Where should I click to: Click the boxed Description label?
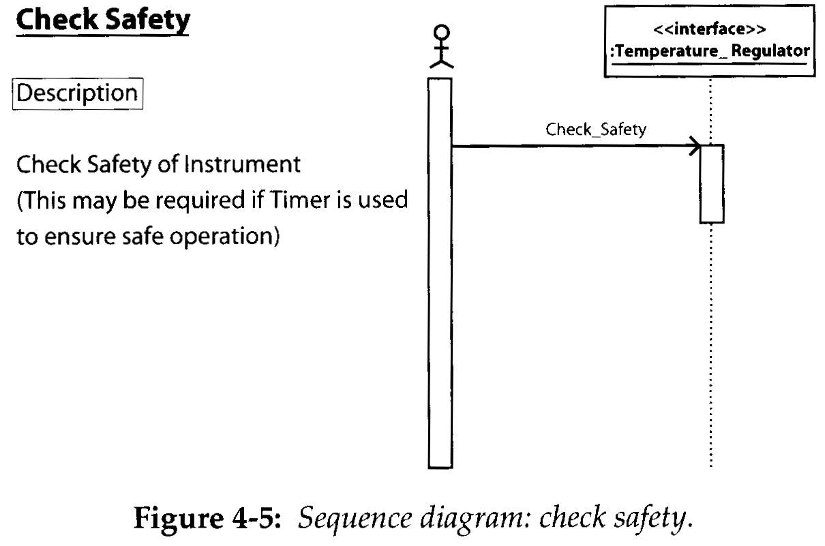tap(77, 93)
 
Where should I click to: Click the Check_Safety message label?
tap(595, 130)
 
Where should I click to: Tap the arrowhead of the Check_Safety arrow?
tap(695, 146)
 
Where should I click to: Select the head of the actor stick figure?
tap(442, 32)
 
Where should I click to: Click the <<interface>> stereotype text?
tap(709, 29)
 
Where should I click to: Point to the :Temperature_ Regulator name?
tap(710, 51)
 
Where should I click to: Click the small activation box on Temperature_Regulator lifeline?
tap(712, 184)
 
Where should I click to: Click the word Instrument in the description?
tap(242, 164)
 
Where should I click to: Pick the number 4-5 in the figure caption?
tap(256, 517)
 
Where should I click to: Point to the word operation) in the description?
tap(225, 237)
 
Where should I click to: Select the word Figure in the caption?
tap(178, 518)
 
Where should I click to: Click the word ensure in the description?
tap(80, 237)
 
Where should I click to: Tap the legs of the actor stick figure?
tap(442, 63)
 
